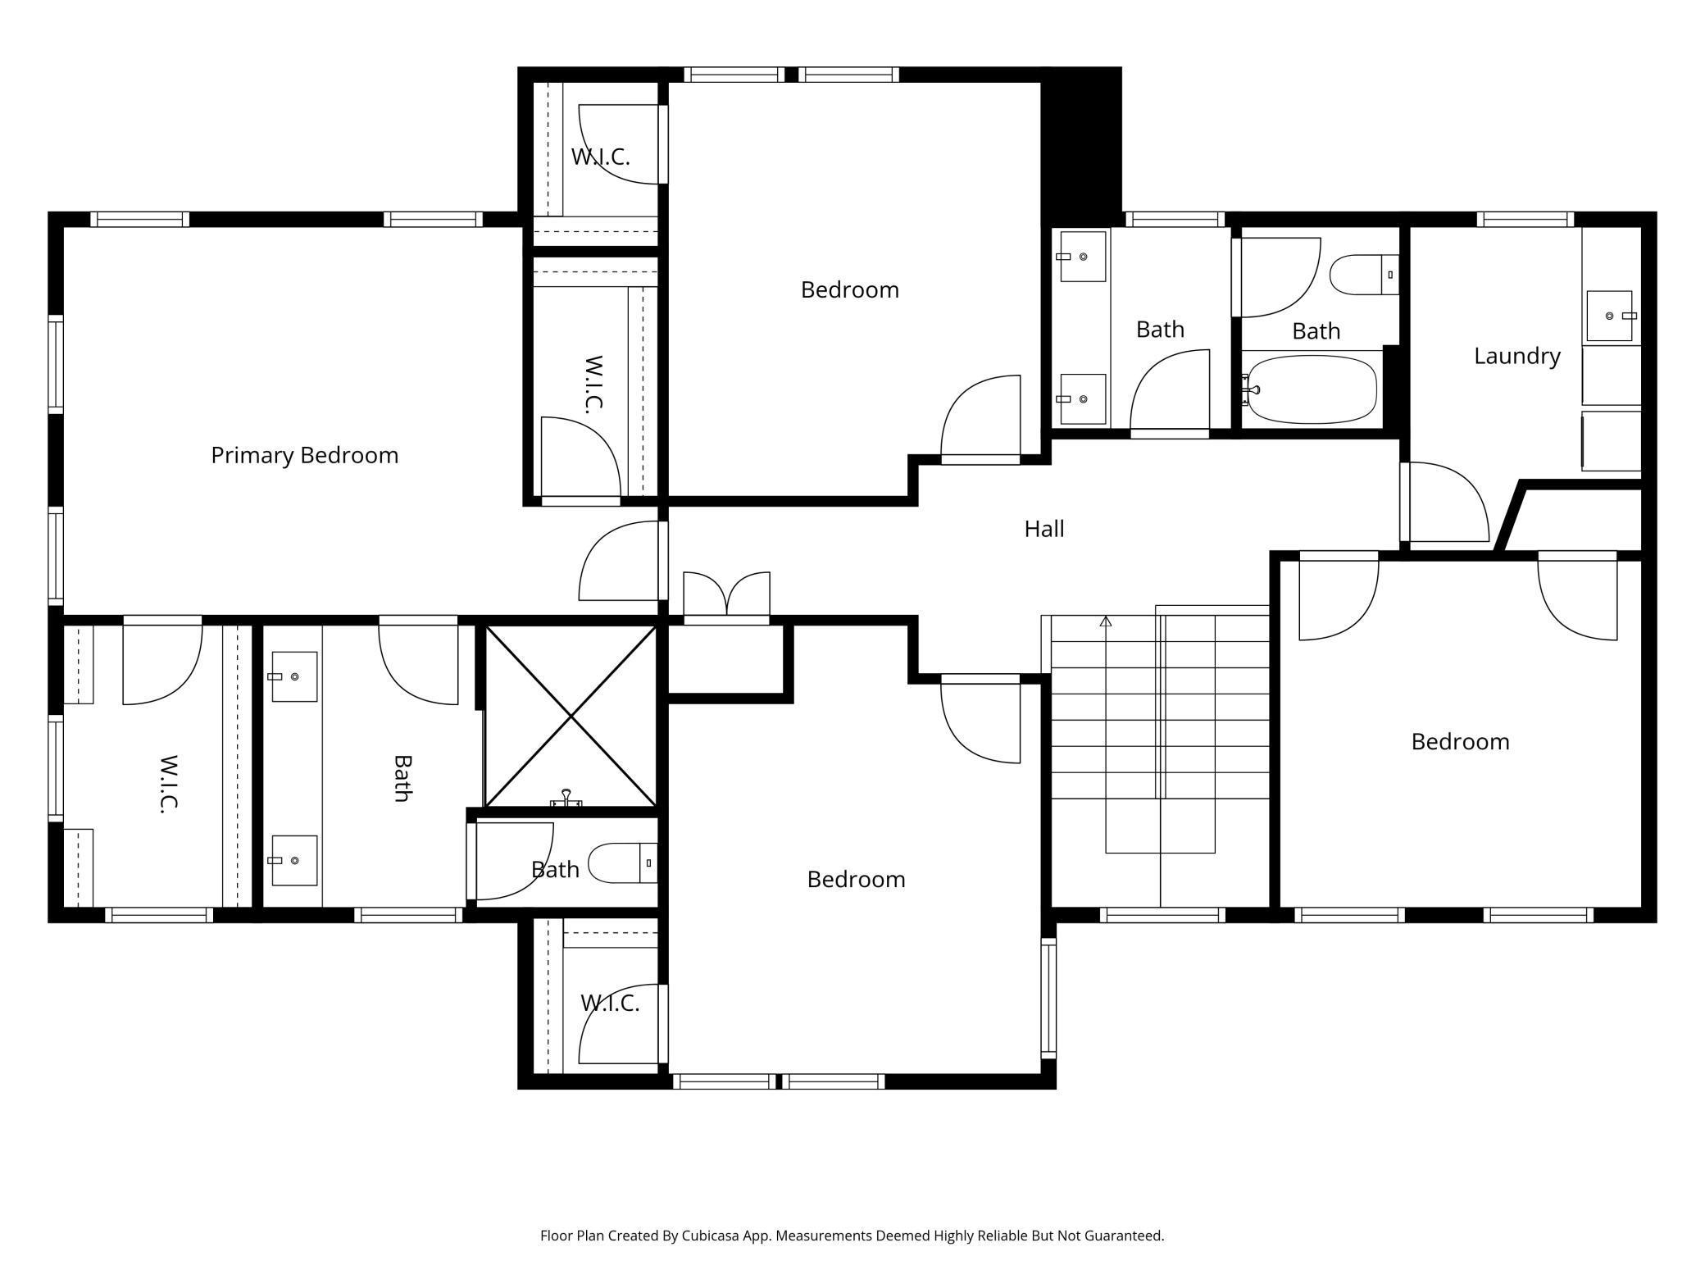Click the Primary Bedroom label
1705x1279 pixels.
(x=304, y=455)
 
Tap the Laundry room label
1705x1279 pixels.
(x=1516, y=356)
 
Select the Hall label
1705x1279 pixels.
(x=1044, y=529)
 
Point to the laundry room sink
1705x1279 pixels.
(x=1610, y=316)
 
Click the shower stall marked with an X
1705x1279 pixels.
(x=571, y=717)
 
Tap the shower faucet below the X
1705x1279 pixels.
(x=566, y=799)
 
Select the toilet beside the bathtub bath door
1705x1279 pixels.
(x=1364, y=275)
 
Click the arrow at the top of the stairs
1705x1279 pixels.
(x=1106, y=621)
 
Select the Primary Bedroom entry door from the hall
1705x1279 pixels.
(x=619, y=561)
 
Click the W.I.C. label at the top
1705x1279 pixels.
(x=601, y=157)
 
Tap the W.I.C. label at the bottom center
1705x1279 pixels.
(x=610, y=1003)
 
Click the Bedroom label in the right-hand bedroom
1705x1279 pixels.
(x=1460, y=741)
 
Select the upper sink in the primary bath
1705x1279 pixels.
(x=294, y=676)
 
